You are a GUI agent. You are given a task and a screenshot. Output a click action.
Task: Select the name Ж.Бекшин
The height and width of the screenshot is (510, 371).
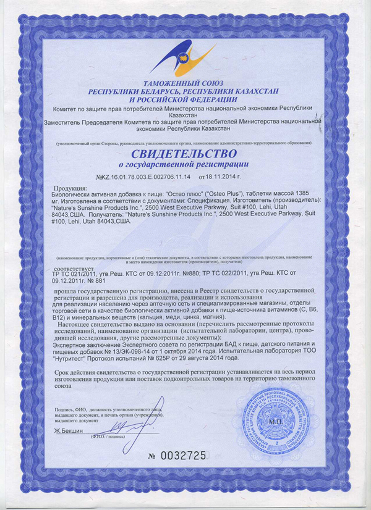point(69,430)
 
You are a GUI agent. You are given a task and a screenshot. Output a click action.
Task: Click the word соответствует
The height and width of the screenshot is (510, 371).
point(74,270)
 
